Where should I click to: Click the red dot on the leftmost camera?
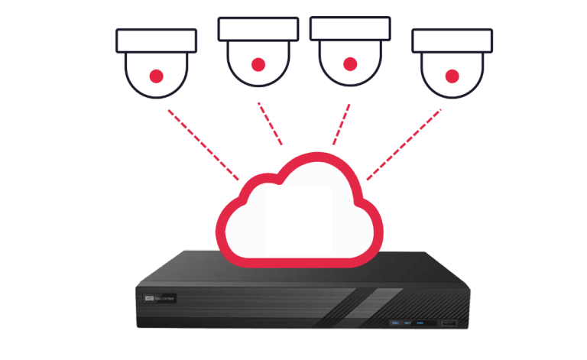click(x=156, y=76)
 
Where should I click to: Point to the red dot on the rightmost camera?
click(x=452, y=76)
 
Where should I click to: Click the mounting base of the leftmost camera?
click(x=156, y=41)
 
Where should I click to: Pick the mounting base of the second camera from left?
click(x=258, y=28)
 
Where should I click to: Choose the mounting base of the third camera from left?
click(x=349, y=28)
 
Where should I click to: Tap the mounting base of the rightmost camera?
click(x=452, y=41)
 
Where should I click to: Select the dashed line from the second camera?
click(x=272, y=124)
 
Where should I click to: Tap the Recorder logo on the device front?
click(x=157, y=294)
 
